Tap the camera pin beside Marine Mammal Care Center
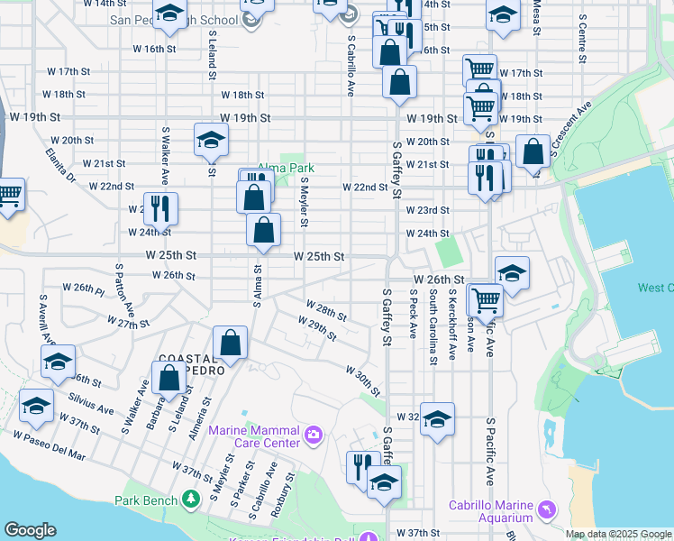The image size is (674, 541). pos(314,436)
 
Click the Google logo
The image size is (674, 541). pos(30,530)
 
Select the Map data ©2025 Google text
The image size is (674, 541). pos(617,534)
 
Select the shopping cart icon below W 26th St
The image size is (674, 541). pos(486,300)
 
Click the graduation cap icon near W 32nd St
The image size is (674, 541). pos(437,419)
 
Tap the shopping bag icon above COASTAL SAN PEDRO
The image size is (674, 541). pos(231,343)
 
